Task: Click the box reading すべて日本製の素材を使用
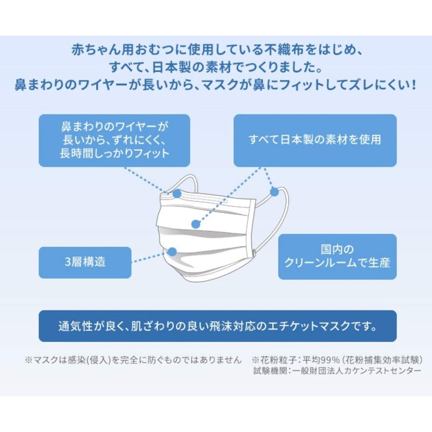(315, 140)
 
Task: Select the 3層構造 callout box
(85, 262)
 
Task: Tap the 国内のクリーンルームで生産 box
(337, 256)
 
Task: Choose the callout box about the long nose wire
(114, 140)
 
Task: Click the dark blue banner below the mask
(217, 326)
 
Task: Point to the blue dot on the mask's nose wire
(177, 194)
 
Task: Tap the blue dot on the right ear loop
(274, 191)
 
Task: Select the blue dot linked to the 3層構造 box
(172, 251)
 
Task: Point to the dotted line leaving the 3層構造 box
(151, 258)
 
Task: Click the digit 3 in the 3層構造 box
(67, 262)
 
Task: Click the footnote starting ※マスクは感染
(132, 360)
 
